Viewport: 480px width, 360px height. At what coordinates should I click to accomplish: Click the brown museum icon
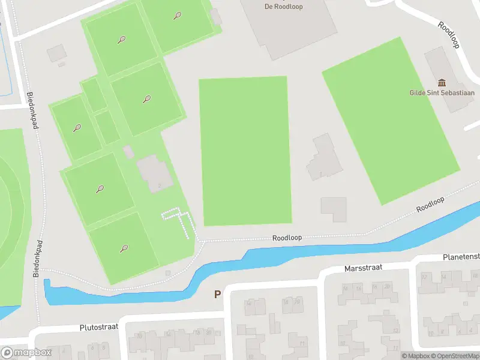click(442, 82)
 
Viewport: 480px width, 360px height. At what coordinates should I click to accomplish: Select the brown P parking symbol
click(217, 295)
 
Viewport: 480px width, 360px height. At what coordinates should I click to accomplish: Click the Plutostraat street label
click(99, 328)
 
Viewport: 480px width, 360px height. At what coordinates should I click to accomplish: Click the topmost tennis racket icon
click(177, 16)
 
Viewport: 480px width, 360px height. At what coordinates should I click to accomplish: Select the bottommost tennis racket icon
click(124, 247)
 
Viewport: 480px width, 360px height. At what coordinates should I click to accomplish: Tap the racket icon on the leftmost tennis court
click(77, 127)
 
